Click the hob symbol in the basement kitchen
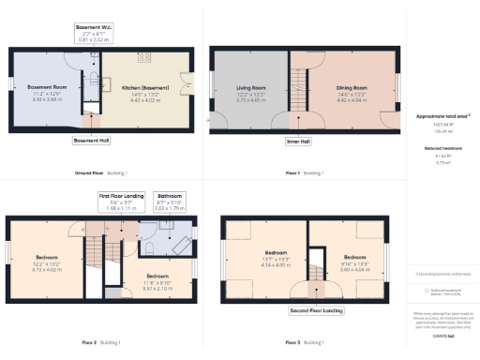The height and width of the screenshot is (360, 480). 144,58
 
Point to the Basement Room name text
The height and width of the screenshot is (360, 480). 46,86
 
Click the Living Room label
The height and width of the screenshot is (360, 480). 247,89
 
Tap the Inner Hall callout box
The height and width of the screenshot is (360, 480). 298,142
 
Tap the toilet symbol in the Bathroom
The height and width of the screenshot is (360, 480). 150,246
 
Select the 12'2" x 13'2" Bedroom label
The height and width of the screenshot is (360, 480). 47,257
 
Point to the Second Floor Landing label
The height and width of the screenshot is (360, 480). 315,308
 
